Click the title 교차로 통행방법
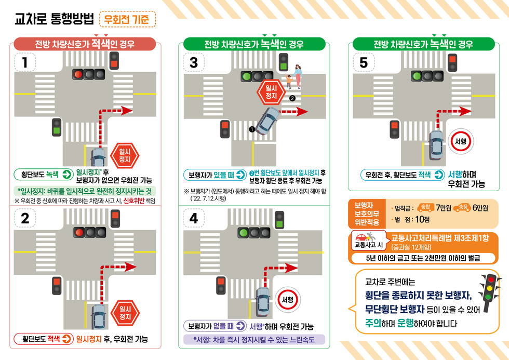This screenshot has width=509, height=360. click(54, 19)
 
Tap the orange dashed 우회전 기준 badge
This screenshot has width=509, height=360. click(127, 19)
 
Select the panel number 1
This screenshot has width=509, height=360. click(25, 62)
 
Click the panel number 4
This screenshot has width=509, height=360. click(194, 219)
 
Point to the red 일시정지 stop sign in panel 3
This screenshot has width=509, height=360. click(271, 92)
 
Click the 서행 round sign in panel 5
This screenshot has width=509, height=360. click(461, 141)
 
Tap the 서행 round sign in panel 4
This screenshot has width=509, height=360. click(288, 300)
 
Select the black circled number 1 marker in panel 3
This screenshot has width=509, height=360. click(252, 129)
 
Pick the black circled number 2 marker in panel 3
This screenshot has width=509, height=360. click(292, 98)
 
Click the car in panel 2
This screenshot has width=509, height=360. click(98, 316)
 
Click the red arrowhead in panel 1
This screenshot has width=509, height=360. click(127, 110)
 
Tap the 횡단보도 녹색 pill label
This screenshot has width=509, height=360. click(44, 175)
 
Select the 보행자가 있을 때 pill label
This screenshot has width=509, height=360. click(215, 175)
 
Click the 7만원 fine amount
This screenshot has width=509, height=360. click(444, 208)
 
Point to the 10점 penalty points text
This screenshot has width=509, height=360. click(422, 220)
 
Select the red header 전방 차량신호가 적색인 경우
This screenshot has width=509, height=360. click(85, 44)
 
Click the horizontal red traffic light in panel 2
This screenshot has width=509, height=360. click(89, 232)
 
